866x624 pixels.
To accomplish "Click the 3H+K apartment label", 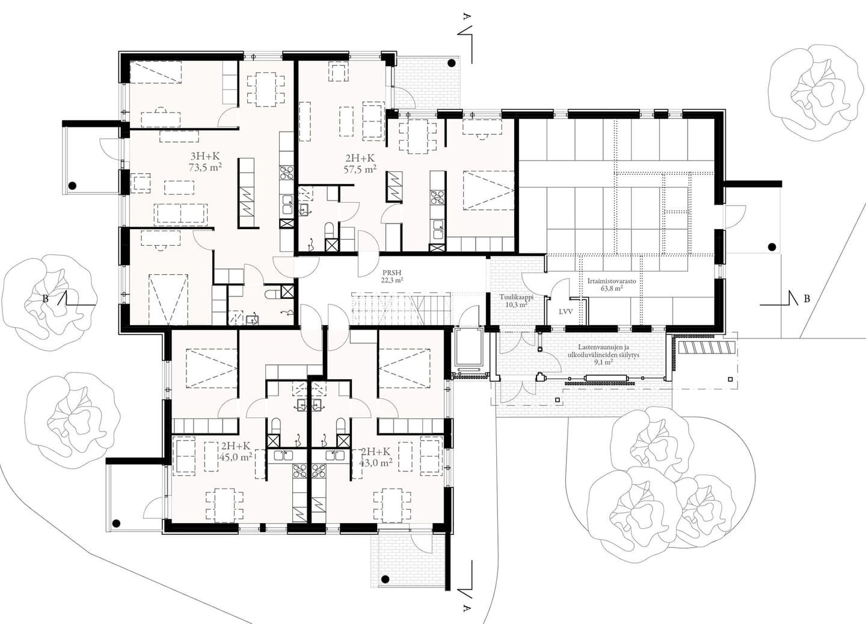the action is tap(205, 156).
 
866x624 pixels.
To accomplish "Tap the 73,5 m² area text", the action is tap(205, 168).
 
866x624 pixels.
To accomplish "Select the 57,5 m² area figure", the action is tap(360, 170).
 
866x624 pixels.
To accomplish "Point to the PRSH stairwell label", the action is tap(392, 273).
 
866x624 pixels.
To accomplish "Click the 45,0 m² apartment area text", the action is tap(236, 457).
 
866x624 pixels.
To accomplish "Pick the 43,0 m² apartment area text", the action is tap(376, 462).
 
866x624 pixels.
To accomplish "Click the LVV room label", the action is tap(565, 311).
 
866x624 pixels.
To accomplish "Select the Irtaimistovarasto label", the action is tap(612, 281).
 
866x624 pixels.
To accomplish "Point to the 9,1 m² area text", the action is tap(604, 362).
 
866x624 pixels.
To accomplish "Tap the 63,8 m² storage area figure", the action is tap(612, 288).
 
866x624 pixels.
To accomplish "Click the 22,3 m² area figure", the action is tap(392, 280).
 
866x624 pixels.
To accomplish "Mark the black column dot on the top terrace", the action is tap(451, 63).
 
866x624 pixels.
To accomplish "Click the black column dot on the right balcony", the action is tap(772, 247).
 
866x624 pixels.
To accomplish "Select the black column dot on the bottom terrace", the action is tap(385, 590).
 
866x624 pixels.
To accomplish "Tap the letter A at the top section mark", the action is tap(467, 17).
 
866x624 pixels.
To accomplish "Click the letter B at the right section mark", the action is tap(806, 299).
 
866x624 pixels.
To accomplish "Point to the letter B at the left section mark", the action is tap(46, 299).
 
